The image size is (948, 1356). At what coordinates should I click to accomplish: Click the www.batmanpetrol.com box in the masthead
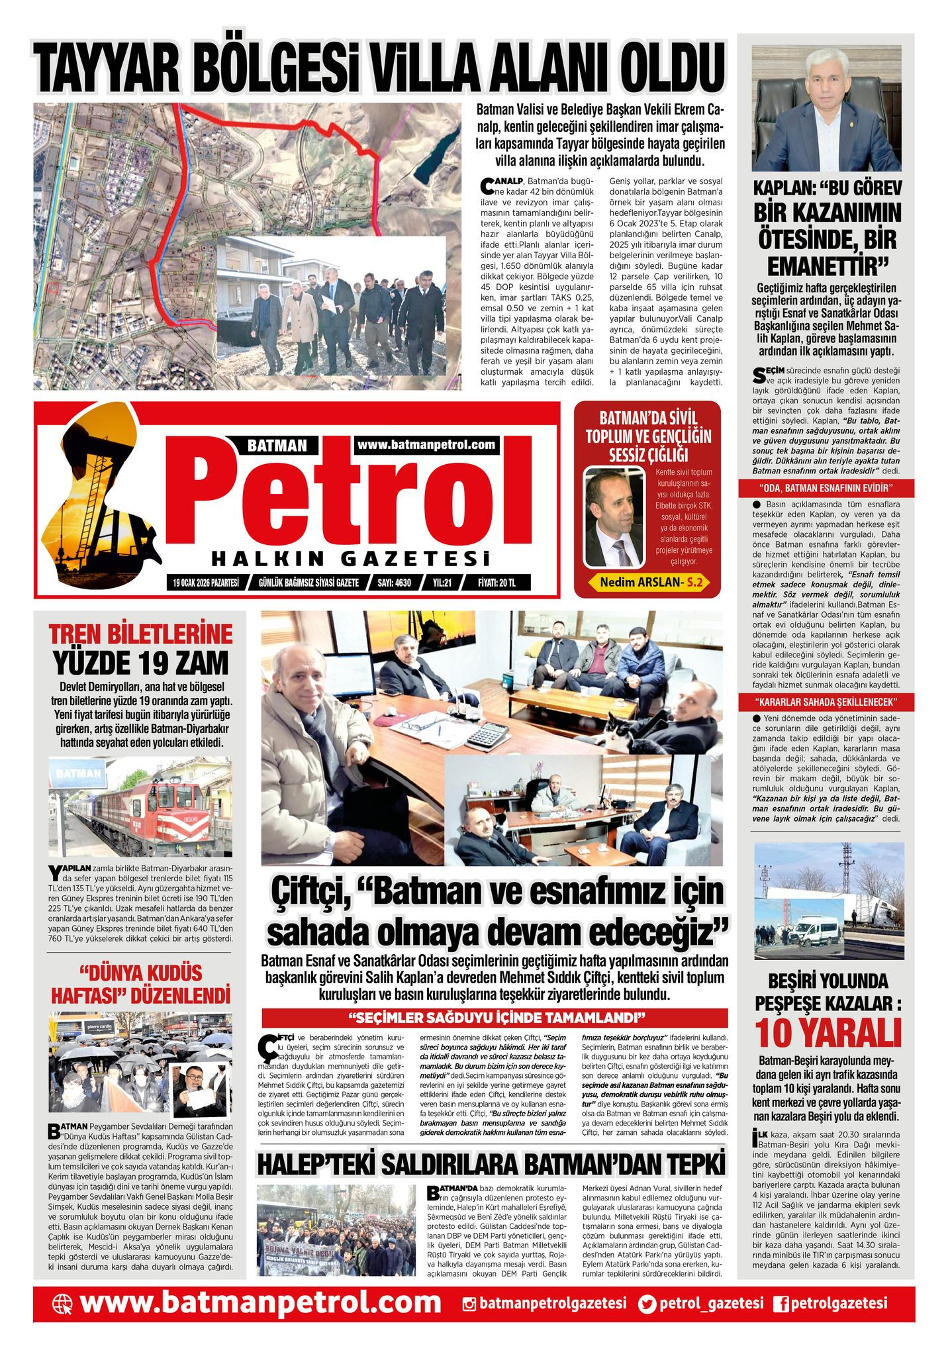[x=426, y=445]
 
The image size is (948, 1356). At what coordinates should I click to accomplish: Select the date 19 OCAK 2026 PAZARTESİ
[x=205, y=583]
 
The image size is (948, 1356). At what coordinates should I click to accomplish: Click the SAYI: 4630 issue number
[x=394, y=583]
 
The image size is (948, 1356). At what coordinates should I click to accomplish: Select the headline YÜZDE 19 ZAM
[x=140, y=661]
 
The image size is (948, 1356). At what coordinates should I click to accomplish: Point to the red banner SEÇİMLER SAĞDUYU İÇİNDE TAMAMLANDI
[x=495, y=1016]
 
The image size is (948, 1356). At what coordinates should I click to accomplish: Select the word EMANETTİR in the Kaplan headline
[x=827, y=266]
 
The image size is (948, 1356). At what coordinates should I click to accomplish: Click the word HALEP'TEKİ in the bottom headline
[x=320, y=1164]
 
